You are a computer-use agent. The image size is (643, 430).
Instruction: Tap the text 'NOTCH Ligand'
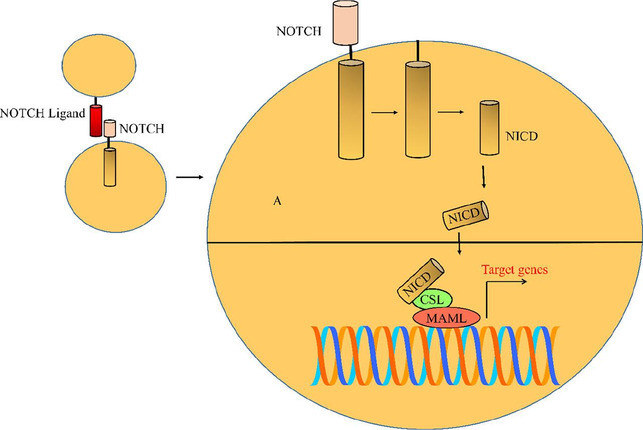tap(43, 113)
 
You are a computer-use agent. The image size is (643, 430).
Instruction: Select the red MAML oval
tap(446, 317)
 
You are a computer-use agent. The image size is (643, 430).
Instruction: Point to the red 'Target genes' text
tap(514, 270)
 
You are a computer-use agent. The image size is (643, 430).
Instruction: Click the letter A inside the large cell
tap(276, 201)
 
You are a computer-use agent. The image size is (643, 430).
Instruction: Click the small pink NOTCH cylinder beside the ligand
tap(110, 129)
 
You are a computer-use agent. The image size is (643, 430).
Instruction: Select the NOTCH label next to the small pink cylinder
tap(142, 129)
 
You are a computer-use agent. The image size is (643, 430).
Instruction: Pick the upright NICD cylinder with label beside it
tap(489, 128)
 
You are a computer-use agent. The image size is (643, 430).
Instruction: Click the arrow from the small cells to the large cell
tap(189, 177)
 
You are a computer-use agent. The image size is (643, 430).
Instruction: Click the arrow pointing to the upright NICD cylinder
tap(451, 113)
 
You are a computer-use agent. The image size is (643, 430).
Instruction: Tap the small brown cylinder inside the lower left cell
tap(110, 167)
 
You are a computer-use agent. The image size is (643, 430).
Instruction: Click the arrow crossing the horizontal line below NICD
tap(460, 244)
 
